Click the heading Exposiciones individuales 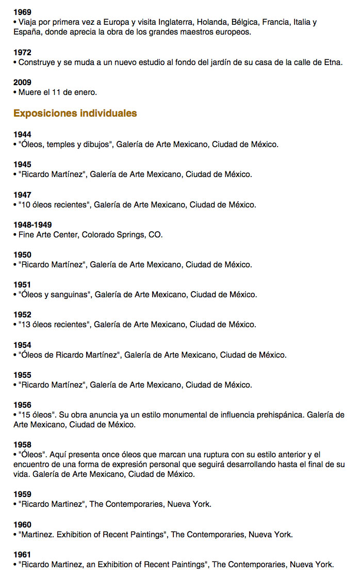click(75, 113)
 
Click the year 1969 click(22, 12)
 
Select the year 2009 click(22, 83)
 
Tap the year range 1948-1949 click(32, 225)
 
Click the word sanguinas click(72, 295)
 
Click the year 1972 click(22, 53)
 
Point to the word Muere click(29, 92)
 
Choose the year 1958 click(22, 445)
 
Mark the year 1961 click(22, 554)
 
